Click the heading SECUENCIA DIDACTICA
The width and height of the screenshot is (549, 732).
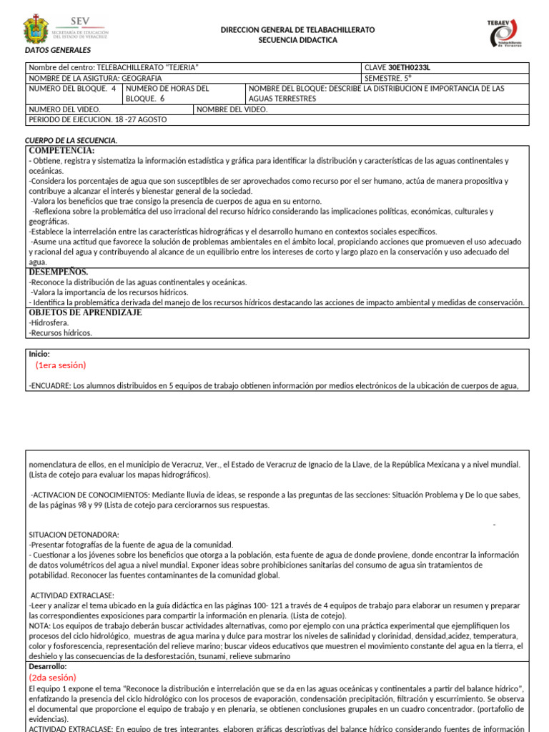pos(297,41)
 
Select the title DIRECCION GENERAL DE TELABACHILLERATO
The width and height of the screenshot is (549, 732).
pos(297,30)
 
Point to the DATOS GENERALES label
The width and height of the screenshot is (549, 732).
pos(58,51)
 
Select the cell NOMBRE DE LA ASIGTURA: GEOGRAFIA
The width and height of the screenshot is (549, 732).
pos(95,78)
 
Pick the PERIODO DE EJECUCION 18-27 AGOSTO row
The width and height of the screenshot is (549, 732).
pos(97,120)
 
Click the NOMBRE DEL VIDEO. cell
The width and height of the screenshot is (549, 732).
pos(232,109)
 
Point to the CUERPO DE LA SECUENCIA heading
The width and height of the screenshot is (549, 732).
pos(71,140)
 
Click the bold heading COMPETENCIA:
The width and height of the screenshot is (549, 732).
pos(61,151)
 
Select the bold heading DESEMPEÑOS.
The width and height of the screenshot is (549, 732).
pos(59,272)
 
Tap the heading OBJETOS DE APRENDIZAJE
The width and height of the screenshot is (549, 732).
pos(85,313)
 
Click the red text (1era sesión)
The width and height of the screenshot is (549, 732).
pos(60,365)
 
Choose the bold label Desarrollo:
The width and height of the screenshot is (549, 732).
pos(47,666)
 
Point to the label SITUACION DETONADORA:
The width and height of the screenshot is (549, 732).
pos(74,535)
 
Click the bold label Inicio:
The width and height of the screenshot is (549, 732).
pos(39,354)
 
